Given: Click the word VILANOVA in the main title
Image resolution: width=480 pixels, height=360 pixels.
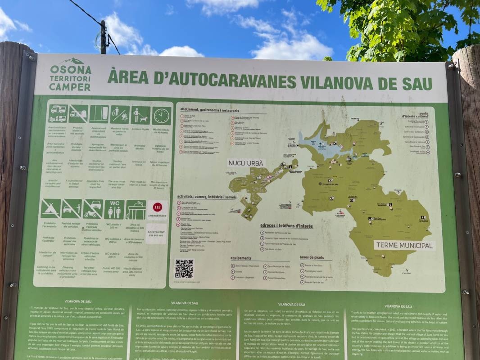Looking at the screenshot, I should pyautogui.click(x=337, y=82).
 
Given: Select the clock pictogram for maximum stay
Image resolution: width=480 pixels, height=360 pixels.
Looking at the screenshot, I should pyautogui.click(x=161, y=115).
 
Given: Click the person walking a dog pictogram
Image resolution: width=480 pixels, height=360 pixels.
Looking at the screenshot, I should pyautogui.click(x=140, y=115).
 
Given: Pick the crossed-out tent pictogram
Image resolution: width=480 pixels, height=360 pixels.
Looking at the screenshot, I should pyautogui.click(x=51, y=209).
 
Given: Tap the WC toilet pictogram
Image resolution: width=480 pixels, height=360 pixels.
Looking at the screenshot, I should pyautogui.click(x=114, y=209).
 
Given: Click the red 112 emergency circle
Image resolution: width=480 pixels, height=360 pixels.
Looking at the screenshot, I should pyautogui.click(x=157, y=207).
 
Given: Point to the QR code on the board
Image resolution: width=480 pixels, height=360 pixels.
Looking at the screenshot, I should pyautogui.click(x=184, y=269).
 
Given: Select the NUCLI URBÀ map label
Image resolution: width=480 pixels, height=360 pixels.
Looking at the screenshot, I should pyautogui.click(x=246, y=163).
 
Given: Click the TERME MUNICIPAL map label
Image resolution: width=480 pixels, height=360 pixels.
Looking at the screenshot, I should pyautogui.click(x=404, y=245).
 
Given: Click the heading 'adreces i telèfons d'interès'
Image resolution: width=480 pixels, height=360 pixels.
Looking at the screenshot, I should pyautogui.click(x=286, y=225).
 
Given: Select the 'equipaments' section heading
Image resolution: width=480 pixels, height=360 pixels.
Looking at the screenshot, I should pyautogui.click(x=241, y=258).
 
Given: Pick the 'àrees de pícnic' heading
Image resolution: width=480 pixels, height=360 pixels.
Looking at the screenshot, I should pyautogui.click(x=316, y=257).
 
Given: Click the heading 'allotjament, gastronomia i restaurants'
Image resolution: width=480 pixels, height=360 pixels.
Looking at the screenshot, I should pyautogui.click(x=210, y=110).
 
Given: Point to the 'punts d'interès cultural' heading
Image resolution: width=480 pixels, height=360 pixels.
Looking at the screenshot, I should pyautogui.click(x=415, y=115).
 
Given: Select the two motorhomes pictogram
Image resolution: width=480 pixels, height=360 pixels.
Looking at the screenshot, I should pyautogui.click(x=58, y=114).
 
